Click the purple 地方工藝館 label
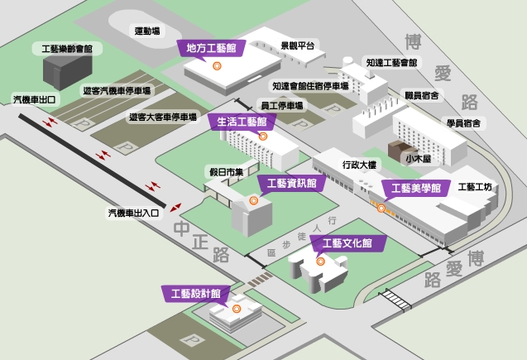211,48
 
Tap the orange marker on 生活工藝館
263,136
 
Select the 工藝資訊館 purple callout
291,183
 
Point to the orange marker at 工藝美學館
381,209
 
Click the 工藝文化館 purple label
347,243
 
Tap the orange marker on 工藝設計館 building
237,309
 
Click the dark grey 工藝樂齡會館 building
68,72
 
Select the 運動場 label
147,31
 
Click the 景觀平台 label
298,46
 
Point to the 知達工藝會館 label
391,63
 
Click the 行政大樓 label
359,165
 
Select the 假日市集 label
226,172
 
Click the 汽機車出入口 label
133,213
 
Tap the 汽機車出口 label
34,99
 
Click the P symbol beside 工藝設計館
193,340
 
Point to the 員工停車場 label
282,106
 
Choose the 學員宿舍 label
463,123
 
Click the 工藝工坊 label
475,187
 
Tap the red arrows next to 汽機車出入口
175,208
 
